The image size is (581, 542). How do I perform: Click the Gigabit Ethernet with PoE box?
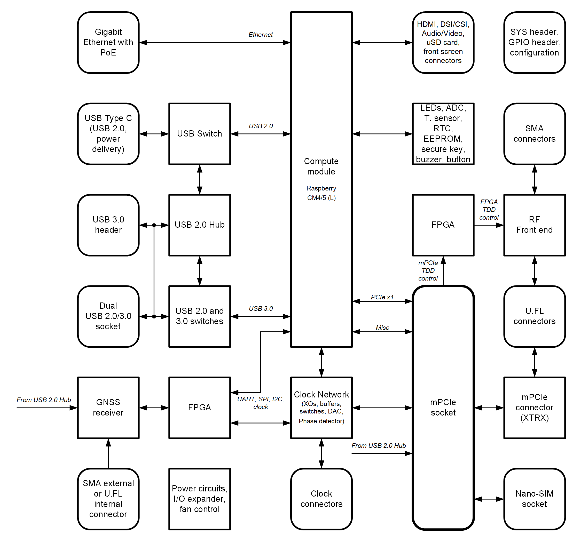(x=108, y=42)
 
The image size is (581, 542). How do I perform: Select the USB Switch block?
(x=200, y=134)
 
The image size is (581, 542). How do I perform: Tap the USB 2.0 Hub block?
(x=200, y=225)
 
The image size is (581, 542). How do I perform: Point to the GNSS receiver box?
(x=108, y=408)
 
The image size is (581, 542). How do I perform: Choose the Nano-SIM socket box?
(x=534, y=499)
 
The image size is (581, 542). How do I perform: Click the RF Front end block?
(x=534, y=225)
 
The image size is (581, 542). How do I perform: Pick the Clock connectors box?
(x=321, y=499)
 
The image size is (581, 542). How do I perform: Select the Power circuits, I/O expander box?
(x=200, y=499)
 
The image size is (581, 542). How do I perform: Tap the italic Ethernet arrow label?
(x=260, y=35)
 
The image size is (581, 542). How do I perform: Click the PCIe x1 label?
(x=382, y=297)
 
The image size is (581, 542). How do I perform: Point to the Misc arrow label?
(x=382, y=328)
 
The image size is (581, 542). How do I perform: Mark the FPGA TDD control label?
(x=489, y=210)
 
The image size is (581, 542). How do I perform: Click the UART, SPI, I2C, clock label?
(x=260, y=403)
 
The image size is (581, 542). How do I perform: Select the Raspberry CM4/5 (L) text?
(x=321, y=193)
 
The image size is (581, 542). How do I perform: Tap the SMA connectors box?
(x=534, y=134)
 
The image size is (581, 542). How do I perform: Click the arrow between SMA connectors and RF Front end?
(x=535, y=179)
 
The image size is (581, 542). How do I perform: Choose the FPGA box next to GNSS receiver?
(x=200, y=408)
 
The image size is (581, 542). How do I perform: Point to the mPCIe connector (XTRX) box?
(x=534, y=408)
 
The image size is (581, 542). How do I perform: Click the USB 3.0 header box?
(x=108, y=225)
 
